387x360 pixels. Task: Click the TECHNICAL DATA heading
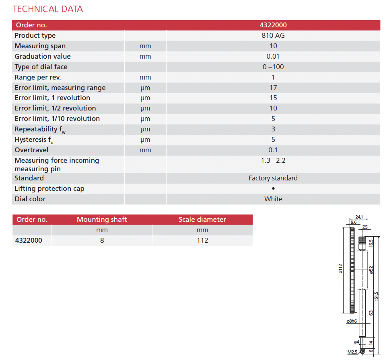click(x=47, y=9)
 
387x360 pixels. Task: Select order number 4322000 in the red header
click(x=273, y=25)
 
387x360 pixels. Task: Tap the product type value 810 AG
click(x=273, y=35)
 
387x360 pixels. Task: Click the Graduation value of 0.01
click(x=273, y=56)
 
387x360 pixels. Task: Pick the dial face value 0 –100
click(x=273, y=67)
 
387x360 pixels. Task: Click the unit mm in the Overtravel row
click(x=145, y=150)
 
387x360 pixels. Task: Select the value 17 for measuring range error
click(x=273, y=88)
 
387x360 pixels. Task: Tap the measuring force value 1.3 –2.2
click(x=273, y=161)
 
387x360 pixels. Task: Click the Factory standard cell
click(x=273, y=178)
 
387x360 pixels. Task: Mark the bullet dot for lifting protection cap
click(x=273, y=188)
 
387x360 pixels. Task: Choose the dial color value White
click(x=273, y=199)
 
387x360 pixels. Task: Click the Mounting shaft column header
click(x=102, y=219)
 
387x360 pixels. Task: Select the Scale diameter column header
click(x=202, y=219)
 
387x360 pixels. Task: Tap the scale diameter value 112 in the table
click(x=202, y=240)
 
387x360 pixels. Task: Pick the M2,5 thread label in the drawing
click(x=352, y=352)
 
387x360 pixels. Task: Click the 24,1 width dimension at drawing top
click(x=359, y=217)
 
